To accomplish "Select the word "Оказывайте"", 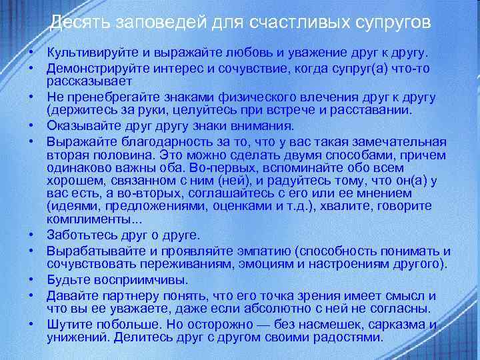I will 81,127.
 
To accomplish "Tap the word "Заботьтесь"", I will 82,235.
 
